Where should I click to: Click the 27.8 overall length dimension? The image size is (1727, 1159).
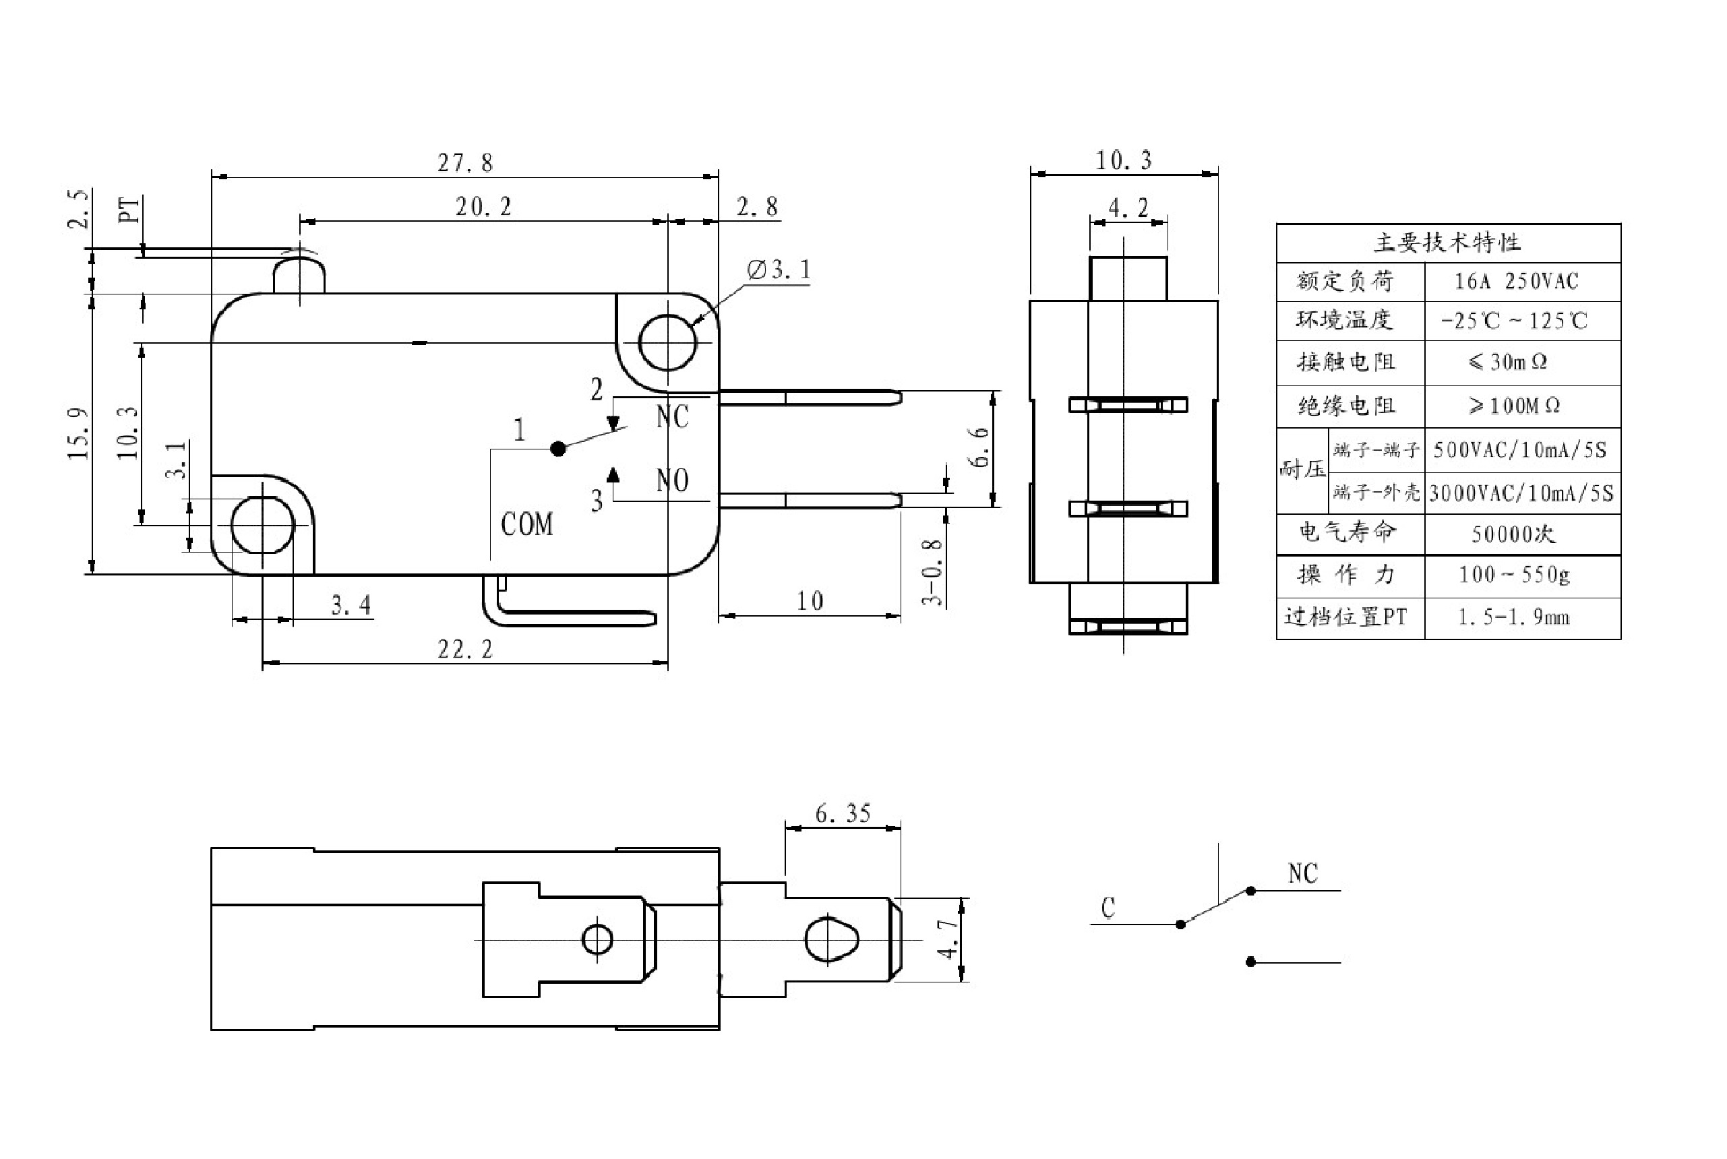(x=464, y=162)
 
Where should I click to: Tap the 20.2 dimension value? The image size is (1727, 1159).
(x=483, y=207)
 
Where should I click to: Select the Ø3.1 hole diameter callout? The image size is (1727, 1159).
(x=779, y=270)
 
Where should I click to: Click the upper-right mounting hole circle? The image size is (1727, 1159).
(x=667, y=343)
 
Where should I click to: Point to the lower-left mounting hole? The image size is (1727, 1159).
(x=262, y=525)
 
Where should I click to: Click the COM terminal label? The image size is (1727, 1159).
(x=526, y=525)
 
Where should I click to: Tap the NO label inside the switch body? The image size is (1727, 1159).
(x=672, y=481)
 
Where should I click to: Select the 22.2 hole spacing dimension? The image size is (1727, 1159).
(x=464, y=650)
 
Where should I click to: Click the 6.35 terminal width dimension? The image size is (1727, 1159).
(x=843, y=814)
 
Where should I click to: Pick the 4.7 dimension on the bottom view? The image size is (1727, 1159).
(x=948, y=940)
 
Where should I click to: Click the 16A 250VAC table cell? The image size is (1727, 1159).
(x=1516, y=282)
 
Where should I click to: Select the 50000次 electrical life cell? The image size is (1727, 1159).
(x=1513, y=534)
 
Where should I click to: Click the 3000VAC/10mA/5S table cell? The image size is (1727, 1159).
(x=1521, y=493)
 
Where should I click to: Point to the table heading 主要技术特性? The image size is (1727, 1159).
(x=1447, y=243)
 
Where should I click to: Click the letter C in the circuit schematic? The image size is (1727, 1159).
(x=1108, y=908)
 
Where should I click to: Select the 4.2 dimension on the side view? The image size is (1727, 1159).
(x=1128, y=209)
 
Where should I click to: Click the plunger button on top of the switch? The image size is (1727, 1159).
(x=299, y=274)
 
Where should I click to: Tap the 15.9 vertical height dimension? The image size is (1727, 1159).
(x=78, y=434)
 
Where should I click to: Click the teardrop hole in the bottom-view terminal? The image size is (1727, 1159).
(x=831, y=940)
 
